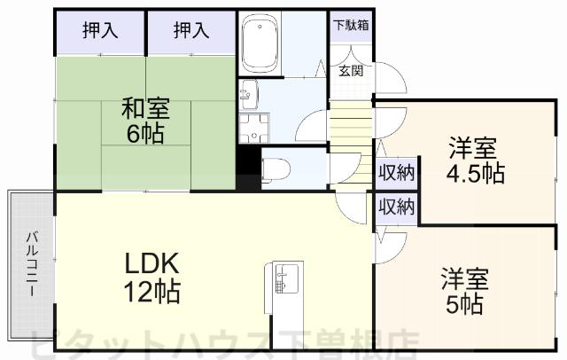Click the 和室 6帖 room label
(145, 122)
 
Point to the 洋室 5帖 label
(465, 293)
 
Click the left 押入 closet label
(100, 31)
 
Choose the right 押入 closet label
(190, 31)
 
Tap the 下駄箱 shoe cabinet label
(352, 25)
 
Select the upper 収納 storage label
(396, 172)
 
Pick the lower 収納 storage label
(396, 207)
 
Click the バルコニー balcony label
(31, 264)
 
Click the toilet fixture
(275, 166)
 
